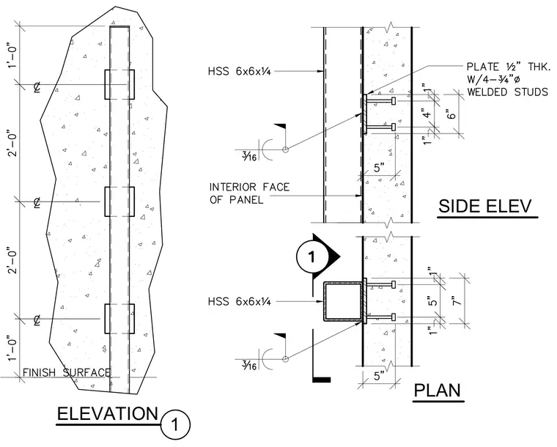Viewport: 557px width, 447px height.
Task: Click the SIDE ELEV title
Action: (485, 207)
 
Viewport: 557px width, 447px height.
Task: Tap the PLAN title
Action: (438, 391)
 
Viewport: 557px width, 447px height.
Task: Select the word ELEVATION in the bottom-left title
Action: (108, 414)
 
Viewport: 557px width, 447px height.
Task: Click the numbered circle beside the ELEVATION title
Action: (175, 424)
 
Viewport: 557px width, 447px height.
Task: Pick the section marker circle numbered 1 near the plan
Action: (311, 257)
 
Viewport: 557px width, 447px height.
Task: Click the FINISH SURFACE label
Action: (67, 373)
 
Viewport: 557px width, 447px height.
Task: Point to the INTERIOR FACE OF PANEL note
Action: (249, 193)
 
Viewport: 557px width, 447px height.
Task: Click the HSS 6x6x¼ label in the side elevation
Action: (240, 71)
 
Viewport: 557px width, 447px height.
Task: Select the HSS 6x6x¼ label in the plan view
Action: (240, 302)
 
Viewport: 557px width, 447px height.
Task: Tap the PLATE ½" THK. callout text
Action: (509, 67)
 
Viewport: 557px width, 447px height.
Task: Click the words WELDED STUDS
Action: (508, 92)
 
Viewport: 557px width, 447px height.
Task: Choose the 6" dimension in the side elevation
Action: (451, 115)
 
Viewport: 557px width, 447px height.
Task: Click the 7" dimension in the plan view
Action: (457, 300)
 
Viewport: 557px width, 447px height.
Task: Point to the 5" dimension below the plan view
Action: (379, 376)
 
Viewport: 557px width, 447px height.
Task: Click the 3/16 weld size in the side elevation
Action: (249, 156)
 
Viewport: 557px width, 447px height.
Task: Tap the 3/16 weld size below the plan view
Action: (249, 365)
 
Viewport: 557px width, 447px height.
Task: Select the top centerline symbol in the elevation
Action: (37, 86)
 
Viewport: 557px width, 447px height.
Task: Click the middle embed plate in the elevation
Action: (119, 202)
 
